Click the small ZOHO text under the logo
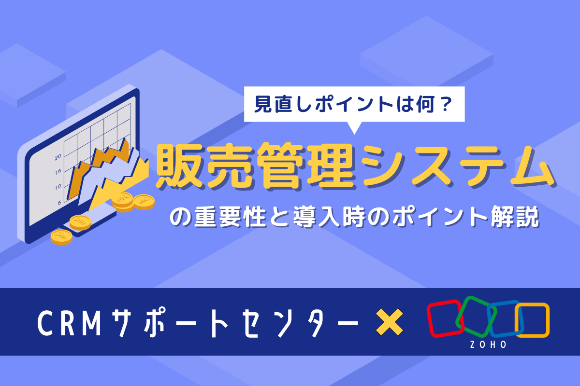coord(488,345)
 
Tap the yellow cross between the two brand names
coord(390,322)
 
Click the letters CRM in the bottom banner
coord(69,323)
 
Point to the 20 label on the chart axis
coord(58,157)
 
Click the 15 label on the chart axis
coord(58,172)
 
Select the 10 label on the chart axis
coord(58,187)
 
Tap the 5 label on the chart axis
coord(59,203)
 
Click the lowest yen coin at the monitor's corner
coord(61,237)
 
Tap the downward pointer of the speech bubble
coord(354,128)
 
